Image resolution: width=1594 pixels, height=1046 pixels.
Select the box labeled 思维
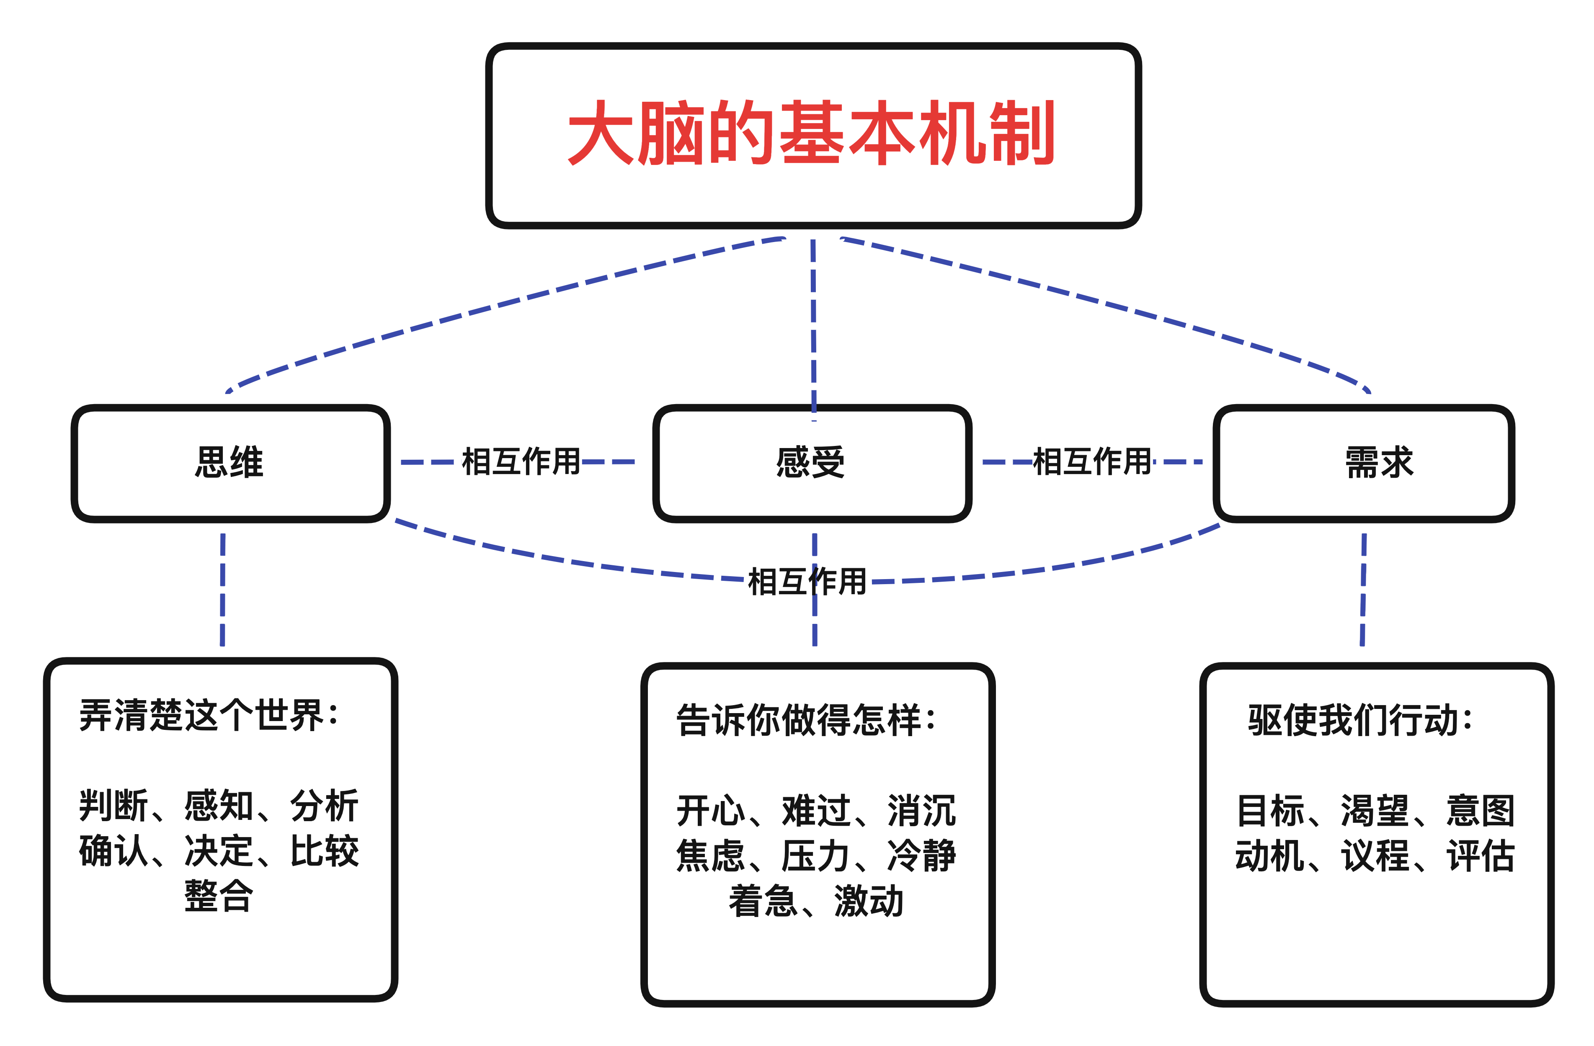(230, 463)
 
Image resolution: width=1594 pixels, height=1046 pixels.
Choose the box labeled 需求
(1364, 463)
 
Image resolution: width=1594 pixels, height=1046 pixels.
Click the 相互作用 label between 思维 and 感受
(521, 461)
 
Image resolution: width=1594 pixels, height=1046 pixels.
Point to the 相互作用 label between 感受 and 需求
(1092, 461)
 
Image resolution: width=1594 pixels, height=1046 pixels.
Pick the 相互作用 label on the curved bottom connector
(807, 581)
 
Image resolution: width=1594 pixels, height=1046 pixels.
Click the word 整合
(219, 896)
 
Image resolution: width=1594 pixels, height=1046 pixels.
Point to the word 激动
(869, 902)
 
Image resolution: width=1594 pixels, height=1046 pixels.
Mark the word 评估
(1481, 856)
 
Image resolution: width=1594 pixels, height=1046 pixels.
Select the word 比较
(325, 851)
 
